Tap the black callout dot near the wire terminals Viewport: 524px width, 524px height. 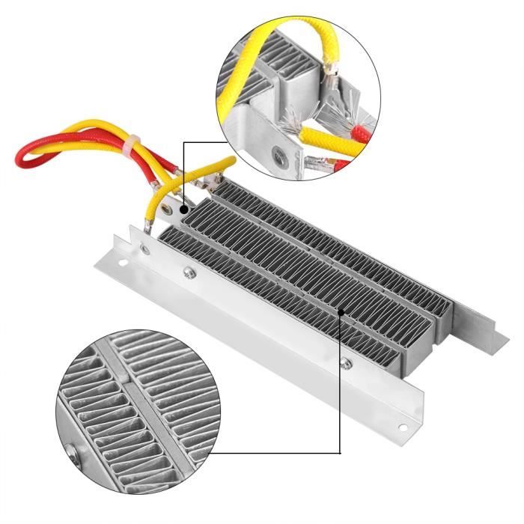(183, 200)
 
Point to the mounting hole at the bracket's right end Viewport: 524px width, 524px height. (406, 427)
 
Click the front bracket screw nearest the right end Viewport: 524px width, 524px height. (345, 365)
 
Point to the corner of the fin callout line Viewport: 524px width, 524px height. (341, 452)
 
